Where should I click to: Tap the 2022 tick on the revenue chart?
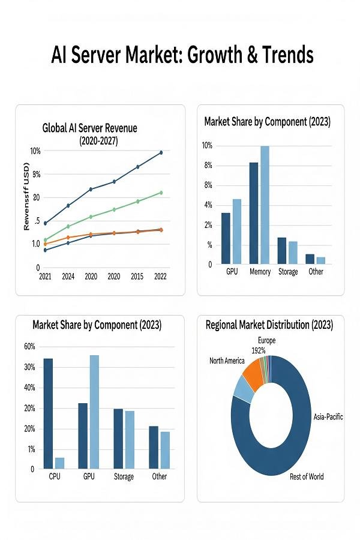[x=160, y=277]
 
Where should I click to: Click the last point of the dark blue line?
[x=161, y=153]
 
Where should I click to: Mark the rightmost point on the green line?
[x=161, y=193]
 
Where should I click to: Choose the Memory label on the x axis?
[x=260, y=272]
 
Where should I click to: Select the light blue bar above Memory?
[x=265, y=205]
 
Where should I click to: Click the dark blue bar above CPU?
[x=48, y=413]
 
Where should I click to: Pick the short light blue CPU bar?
[x=59, y=463]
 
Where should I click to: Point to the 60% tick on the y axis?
[x=29, y=346]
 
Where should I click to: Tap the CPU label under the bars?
[x=54, y=477]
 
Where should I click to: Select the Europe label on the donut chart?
[x=267, y=341]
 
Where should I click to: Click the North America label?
[x=227, y=361]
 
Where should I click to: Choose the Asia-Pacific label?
[x=328, y=416]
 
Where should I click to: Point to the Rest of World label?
[x=307, y=477]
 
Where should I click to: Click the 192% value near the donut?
[x=259, y=350]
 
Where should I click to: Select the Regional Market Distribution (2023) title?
[x=269, y=325]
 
